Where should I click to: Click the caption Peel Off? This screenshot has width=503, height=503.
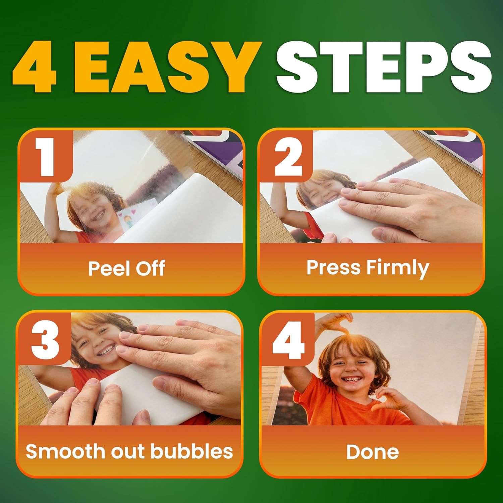point(126,268)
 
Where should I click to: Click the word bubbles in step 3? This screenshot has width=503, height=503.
point(191,451)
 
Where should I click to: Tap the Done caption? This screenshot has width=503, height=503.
point(372,452)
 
